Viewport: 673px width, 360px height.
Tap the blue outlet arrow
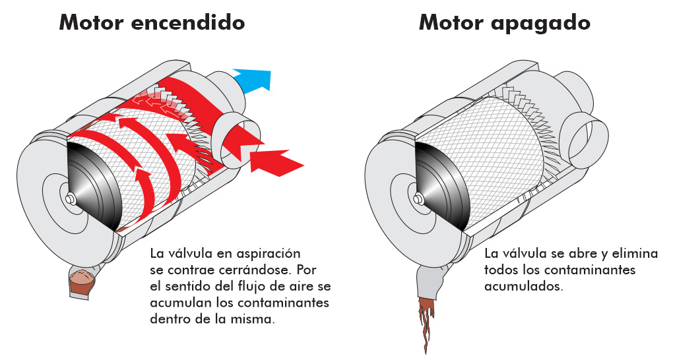pos(257,79)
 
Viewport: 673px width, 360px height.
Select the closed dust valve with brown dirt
pos(82,282)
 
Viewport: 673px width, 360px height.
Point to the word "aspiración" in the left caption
pos(264,253)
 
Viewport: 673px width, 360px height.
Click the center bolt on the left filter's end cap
pos(71,196)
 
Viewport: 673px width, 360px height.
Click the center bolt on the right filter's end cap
pos(417,196)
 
